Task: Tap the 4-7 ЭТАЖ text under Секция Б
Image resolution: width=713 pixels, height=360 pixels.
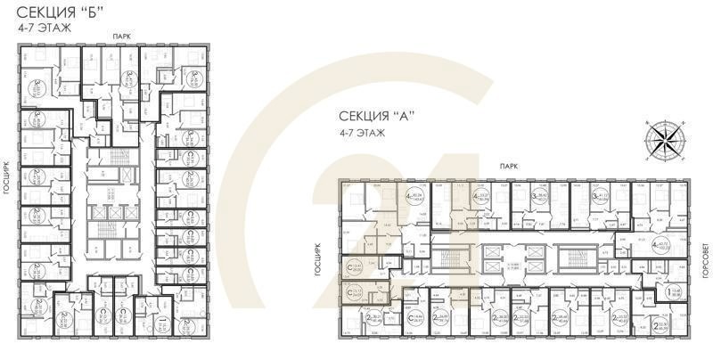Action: click(x=45, y=29)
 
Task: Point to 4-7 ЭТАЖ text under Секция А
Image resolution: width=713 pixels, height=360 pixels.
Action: click(x=362, y=134)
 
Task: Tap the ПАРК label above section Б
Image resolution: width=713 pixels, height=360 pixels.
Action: click(x=122, y=35)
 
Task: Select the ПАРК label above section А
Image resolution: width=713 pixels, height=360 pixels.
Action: click(x=510, y=166)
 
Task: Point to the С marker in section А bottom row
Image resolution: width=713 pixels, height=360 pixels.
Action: click(x=419, y=320)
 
